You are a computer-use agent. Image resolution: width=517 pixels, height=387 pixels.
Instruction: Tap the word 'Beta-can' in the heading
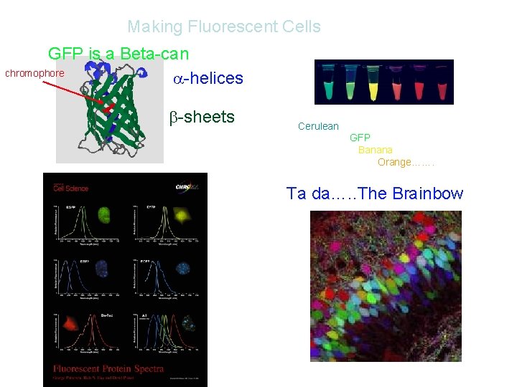pyautogui.click(x=154, y=54)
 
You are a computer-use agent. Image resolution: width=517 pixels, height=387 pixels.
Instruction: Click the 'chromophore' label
pyautogui.click(x=34, y=73)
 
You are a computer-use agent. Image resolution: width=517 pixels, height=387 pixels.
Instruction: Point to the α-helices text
pyautogui.click(x=208, y=79)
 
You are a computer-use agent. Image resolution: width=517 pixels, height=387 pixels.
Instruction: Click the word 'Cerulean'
pyautogui.click(x=318, y=126)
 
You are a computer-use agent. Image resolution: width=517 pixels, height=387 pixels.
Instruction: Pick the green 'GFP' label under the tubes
pyautogui.click(x=360, y=138)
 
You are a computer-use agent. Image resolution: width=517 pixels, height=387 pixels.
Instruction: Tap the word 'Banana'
pyautogui.click(x=375, y=150)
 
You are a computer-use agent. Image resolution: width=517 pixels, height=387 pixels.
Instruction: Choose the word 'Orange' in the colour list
pyautogui.click(x=394, y=162)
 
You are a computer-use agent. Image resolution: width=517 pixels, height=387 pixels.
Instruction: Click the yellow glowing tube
pyautogui.click(x=373, y=82)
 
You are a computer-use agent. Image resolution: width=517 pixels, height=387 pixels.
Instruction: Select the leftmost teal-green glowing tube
pyautogui.click(x=330, y=82)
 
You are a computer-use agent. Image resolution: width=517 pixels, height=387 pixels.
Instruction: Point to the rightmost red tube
pyautogui.click(x=439, y=82)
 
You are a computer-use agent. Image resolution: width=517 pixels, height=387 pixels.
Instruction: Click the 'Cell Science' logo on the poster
pyautogui.click(x=70, y=188)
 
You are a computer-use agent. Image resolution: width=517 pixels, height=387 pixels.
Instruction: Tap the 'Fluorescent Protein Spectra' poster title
pyautogui.click(x=108, y=369)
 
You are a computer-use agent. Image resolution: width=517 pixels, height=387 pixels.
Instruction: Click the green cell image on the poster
pyautogui.click(x=103, y=214)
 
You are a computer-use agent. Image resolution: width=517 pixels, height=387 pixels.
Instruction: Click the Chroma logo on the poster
pyautogui.click(x=187, y=187)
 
